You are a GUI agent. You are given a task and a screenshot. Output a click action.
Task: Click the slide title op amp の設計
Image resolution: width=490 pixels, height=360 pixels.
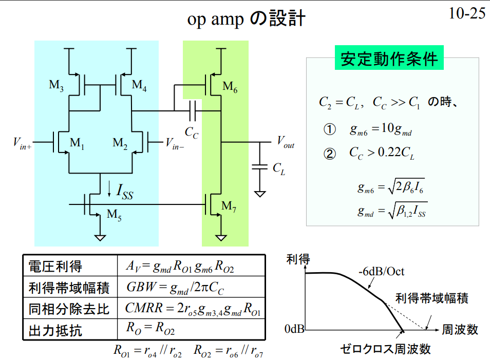246,19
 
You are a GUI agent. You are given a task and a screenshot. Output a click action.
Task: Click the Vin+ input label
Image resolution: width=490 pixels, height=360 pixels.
23,143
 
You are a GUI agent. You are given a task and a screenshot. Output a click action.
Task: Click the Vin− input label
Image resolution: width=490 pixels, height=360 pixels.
174,143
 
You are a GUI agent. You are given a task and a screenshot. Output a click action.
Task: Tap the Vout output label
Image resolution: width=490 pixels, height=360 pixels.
286,142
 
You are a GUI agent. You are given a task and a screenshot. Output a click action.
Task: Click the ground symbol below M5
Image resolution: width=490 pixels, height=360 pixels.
100,237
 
